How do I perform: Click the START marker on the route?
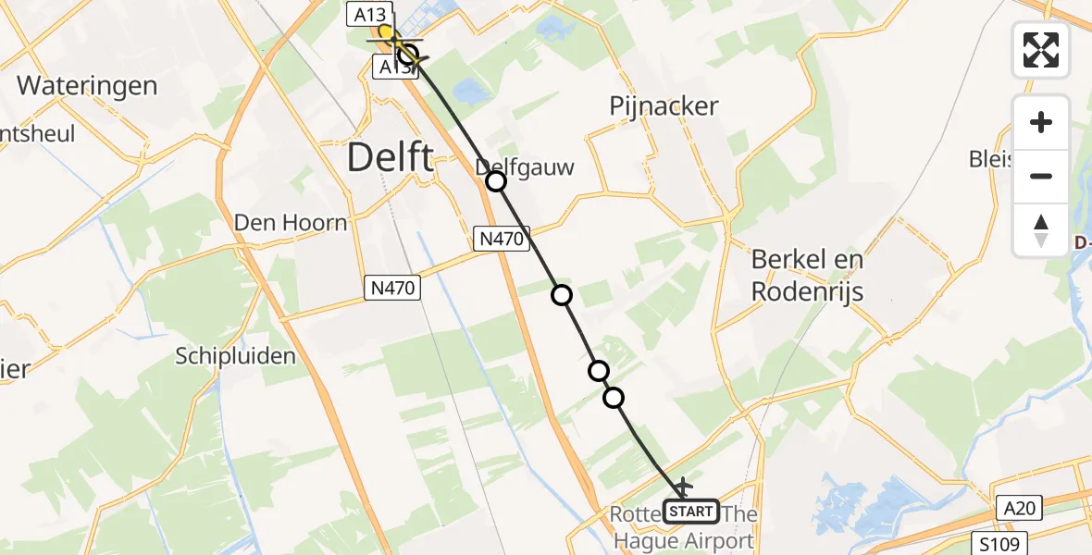(x=691, y=511)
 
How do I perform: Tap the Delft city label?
(x=390, y=158)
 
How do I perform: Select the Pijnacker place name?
(x=664, y=106)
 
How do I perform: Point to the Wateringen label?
(x=87, y=86)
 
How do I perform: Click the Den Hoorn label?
(x=290, y=223)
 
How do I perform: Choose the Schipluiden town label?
(x=237, y=356)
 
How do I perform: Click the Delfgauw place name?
(x=525, y=167)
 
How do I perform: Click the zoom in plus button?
(x=1041, y=123)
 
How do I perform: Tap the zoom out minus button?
(x=1041, y=176)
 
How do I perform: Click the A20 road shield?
(x=1021, y=507)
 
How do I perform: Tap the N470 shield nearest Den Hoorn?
(x=392, y=289)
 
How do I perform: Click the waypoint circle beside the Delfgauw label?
(x=496, y=181)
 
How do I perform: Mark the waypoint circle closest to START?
(x=614, y=398)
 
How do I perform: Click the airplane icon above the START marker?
(x=684, y=486)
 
